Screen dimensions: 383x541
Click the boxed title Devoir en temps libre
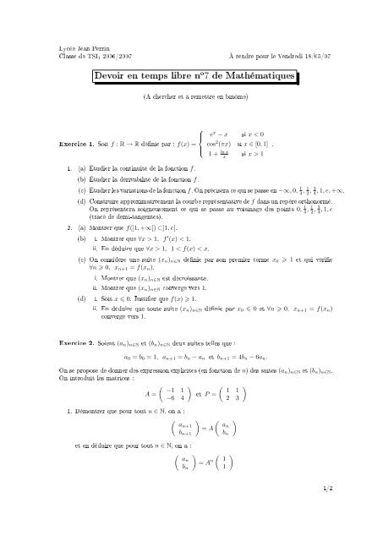pos(191,78)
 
